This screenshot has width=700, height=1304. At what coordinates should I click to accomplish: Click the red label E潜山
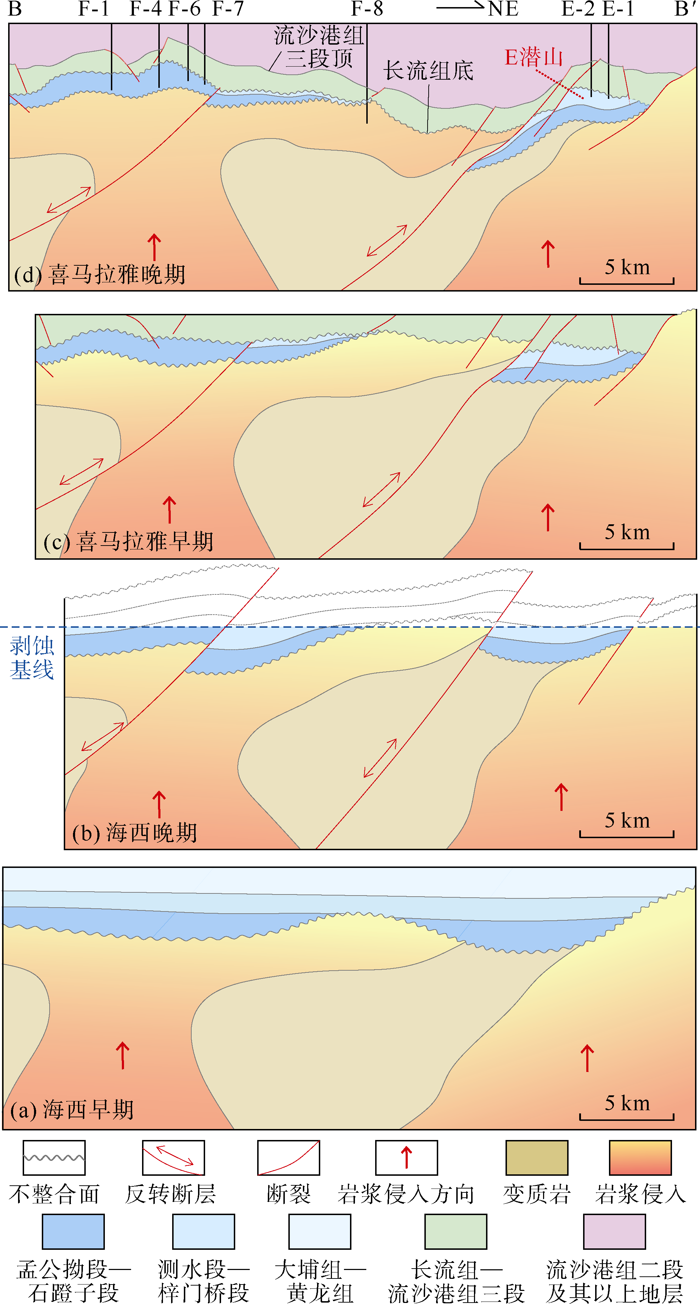tap(534, 57)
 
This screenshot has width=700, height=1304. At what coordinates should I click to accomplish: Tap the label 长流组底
tap(428, 70)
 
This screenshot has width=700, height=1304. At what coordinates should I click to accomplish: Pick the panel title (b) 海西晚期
tap(134, 833)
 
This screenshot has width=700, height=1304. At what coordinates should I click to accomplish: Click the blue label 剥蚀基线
tap(32, 657)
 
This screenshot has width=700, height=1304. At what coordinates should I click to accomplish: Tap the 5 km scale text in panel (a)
tap(627, 1103)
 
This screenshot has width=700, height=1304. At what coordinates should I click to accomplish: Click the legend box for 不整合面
tap(54, 1157)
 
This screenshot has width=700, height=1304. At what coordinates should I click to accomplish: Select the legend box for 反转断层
tap(174, 1157)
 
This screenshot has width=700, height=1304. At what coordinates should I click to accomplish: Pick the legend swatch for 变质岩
tap(537, 1157)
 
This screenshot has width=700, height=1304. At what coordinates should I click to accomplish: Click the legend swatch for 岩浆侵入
tap(640, 1157)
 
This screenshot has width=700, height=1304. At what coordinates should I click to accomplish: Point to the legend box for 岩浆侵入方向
tap(406, 1157)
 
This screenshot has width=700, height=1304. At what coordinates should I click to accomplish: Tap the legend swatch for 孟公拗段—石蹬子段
tap(73, 1231)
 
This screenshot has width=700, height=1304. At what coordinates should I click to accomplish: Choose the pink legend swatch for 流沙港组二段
tap(615, 1231)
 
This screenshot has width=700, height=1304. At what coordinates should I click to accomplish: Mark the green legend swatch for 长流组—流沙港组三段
tap(456, 1231)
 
